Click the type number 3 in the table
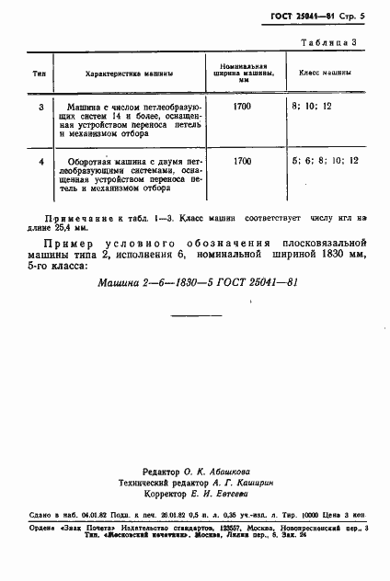40,108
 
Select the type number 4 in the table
40,162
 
